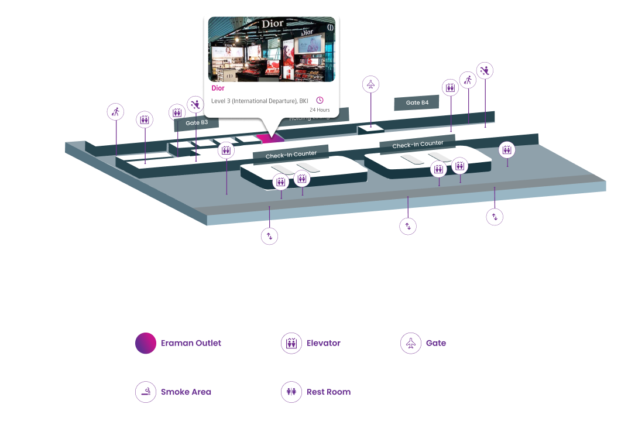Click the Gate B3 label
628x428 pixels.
coord(197,123)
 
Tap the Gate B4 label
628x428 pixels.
coord(417,103)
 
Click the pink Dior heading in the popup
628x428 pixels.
coord(218,88)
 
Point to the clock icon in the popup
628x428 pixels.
coord(320,100)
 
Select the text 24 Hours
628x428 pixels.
coord(320,110)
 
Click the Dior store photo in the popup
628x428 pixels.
coord(272,49)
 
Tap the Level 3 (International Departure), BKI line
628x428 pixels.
coord(259,101)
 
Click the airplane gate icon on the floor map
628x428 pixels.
coord(370,84)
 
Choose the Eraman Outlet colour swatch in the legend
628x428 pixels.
coord(146,343)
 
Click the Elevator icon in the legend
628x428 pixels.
coord(291,343)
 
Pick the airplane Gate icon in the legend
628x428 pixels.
coord(411,343)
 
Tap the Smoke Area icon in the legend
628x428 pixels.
coord(146,392)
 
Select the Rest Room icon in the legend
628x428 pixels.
coord(291,392)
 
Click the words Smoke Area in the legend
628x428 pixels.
coord(186,392)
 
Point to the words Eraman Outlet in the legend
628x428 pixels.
coord(191,343)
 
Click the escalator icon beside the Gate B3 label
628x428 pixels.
coord(195,105)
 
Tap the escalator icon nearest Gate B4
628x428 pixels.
coord(485,71)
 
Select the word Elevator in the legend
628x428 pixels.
coord(324,343)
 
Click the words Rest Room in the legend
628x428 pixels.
coord(328,392)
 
